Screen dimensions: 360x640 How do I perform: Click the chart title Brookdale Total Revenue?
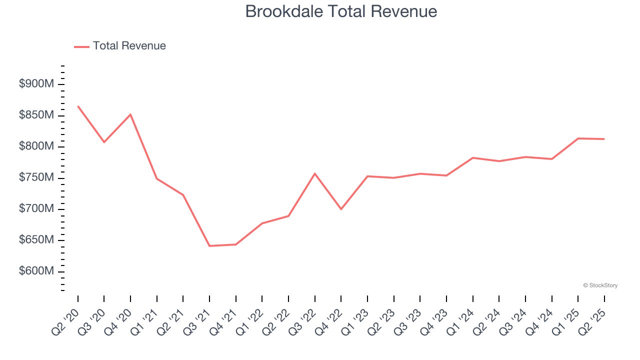click(x=341, y=11)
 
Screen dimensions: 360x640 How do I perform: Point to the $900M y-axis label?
click(x=36, y=84)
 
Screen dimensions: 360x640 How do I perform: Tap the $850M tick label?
click(x=36, y=115)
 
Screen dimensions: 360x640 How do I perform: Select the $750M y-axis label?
click(x=36, y=178)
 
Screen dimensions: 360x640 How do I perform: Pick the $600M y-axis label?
click(x=36, y=271)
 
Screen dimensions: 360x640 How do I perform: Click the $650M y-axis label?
click(x=36, y=240)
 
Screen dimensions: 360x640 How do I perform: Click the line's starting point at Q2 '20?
click(x=78, y=106)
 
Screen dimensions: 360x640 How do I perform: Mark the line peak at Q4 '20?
click(x=130, y=114)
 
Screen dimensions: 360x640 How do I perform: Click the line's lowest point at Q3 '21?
click(x=209, y=246)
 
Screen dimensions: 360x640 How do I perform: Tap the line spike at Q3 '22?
click(x=315, y=173)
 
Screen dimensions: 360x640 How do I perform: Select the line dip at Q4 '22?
click(x=341, y=209)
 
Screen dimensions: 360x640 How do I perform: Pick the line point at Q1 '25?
click(x=578, y=138)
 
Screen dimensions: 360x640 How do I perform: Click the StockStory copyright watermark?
click(x=600, y=285)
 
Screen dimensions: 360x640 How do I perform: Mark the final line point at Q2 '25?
click(x=604, y=139)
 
